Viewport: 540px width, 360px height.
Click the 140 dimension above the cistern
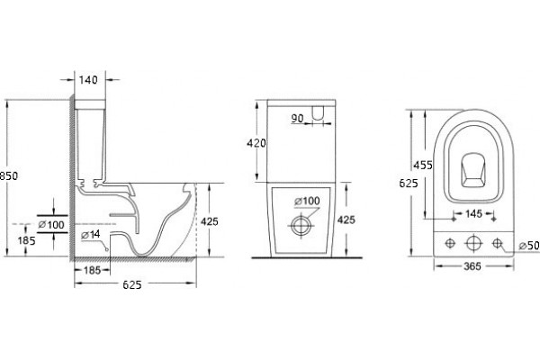[88, 80]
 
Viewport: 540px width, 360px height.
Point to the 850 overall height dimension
[9, 176]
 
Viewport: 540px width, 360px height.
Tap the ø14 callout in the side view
[91, 235]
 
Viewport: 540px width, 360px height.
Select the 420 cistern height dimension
[256, 143]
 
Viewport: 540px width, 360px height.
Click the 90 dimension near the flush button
[298, 119]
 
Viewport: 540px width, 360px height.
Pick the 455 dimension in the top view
[423, 166]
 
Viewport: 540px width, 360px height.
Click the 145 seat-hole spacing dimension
[473, 214]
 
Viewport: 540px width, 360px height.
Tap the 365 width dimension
[472, 266]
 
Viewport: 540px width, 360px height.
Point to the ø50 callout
[529, 246]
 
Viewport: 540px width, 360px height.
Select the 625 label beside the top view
[409, 184]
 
